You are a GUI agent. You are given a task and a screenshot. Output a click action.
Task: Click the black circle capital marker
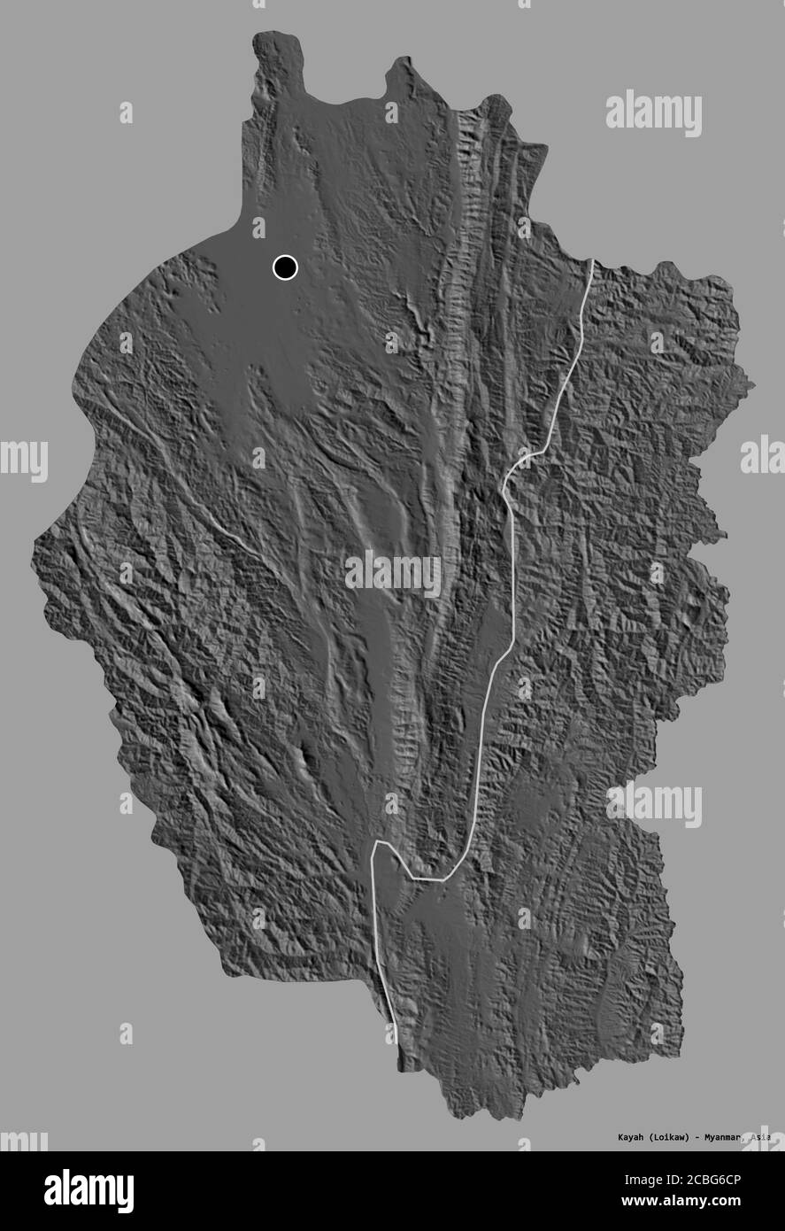[285, 267]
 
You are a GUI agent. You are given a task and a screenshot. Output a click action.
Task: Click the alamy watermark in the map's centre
[392, 574]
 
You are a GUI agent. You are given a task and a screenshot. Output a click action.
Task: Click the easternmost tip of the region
[753, 386]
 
